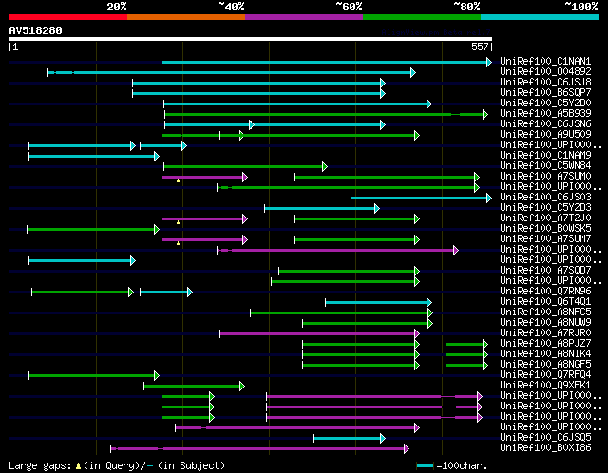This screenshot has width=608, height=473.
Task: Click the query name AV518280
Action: [36, 30]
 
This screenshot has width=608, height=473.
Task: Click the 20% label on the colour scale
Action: [117, 7]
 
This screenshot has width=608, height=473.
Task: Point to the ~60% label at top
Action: [349, 7]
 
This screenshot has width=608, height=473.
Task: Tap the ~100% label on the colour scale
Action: [580, 7]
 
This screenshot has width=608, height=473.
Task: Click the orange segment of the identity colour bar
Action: [186, 16]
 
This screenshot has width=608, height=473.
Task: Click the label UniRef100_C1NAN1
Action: [545, 62]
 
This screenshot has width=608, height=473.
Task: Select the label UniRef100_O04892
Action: [545, 72]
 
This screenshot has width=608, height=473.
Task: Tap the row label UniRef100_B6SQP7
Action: [545, 93]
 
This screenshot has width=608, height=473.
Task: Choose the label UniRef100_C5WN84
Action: [545, 166]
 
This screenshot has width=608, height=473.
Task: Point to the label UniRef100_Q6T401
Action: [545, 302]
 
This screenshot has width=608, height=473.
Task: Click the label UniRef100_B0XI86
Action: [545, 448]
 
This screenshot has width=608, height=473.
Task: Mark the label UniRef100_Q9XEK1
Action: [545, 386]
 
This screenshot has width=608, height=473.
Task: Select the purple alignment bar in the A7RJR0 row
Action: [318, 333]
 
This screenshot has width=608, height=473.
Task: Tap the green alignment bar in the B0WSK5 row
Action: [93, 229]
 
